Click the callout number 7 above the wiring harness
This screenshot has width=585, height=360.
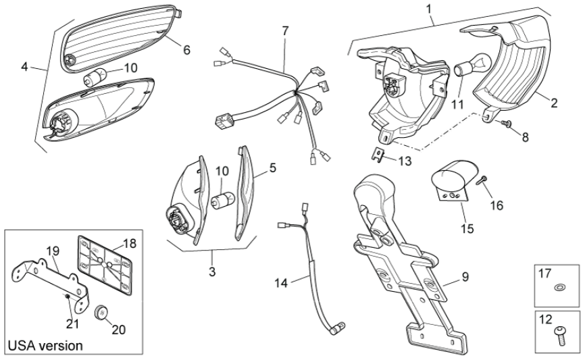pos(285,31)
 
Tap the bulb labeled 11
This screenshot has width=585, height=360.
pos(461,68)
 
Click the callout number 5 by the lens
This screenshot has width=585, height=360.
pos(272,165)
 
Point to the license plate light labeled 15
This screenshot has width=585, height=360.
pos(451,178)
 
